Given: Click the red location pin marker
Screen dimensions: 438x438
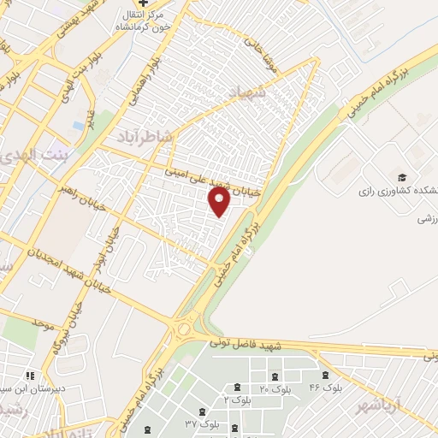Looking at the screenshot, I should click(x=220, y=203).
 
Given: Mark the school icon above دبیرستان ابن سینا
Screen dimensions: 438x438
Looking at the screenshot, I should click(x=30, y=376).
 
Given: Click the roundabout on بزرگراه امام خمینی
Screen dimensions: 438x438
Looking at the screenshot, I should click(x=183, y=329).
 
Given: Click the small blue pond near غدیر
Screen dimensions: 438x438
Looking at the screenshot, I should click(x=79, y=125).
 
